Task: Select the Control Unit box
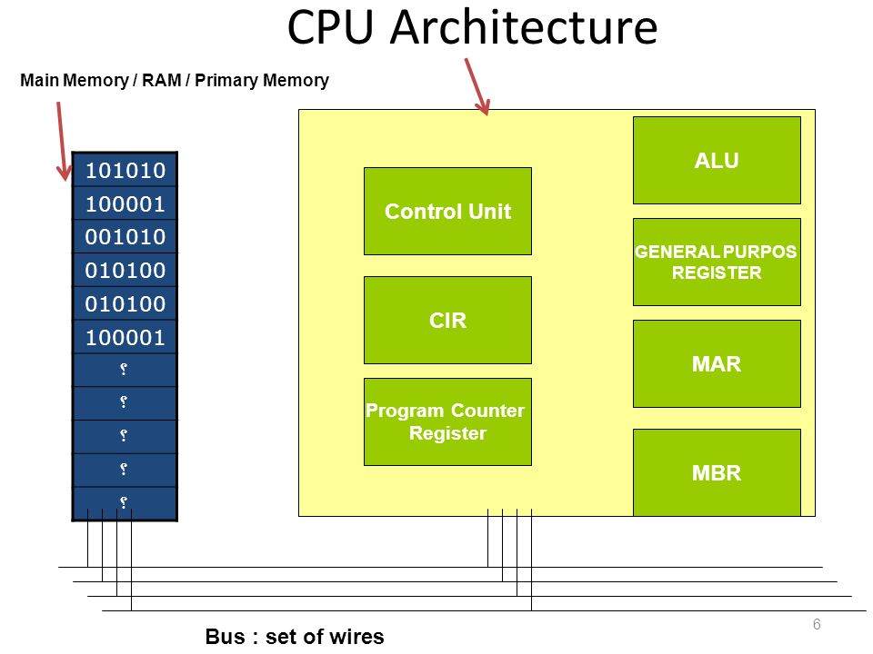click(447, 212)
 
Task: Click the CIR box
click(447, 321)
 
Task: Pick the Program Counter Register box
click(447, 422)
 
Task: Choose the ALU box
click(717, 160)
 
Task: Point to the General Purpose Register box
click(717, 262)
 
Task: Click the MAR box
click(717, 363)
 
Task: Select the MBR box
click(717, 472)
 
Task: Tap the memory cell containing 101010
click(125, 170)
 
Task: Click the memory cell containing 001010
click(125, 237)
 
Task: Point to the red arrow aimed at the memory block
click(63, 142)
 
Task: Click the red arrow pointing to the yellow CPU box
click(477, 87)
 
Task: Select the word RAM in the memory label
click(162, 80)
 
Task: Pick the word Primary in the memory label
click(226, 81)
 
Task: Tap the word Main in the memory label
click(39, 80)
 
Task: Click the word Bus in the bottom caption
click(225, 636)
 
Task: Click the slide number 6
click(817, 624)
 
